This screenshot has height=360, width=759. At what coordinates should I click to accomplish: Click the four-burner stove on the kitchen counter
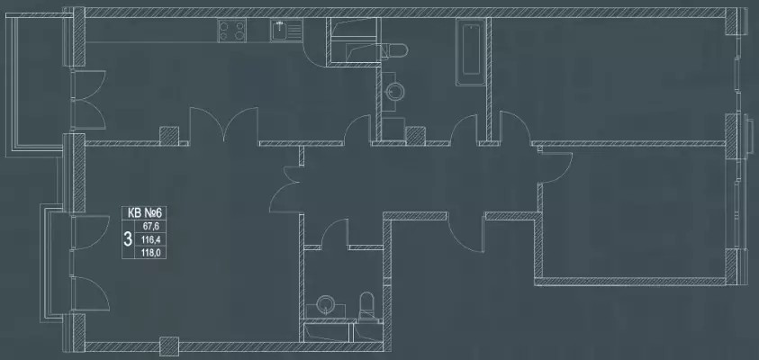[x=231, y=30]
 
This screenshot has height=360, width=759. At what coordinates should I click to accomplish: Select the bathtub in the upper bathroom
[x=471, y=52]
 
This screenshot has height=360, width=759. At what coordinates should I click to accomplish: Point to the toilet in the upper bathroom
[x=394, y=49]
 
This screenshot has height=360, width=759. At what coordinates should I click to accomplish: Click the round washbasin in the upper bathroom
[x=393, y=90]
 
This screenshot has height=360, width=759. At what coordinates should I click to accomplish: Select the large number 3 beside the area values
[x=128, y=238]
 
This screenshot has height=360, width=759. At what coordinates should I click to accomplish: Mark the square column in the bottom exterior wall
[x=169, y=346]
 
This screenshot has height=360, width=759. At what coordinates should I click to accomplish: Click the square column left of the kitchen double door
[x=169, y=136]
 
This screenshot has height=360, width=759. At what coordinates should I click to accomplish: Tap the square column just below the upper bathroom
[x=415, y=136]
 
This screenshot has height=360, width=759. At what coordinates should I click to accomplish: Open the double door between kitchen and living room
[x=223, y=125]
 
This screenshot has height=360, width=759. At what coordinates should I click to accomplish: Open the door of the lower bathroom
[x=335, y=233]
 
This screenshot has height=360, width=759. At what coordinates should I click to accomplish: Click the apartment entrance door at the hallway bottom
[x=465, y=233]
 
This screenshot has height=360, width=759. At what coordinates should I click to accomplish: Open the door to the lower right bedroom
[x=556, y=166]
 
